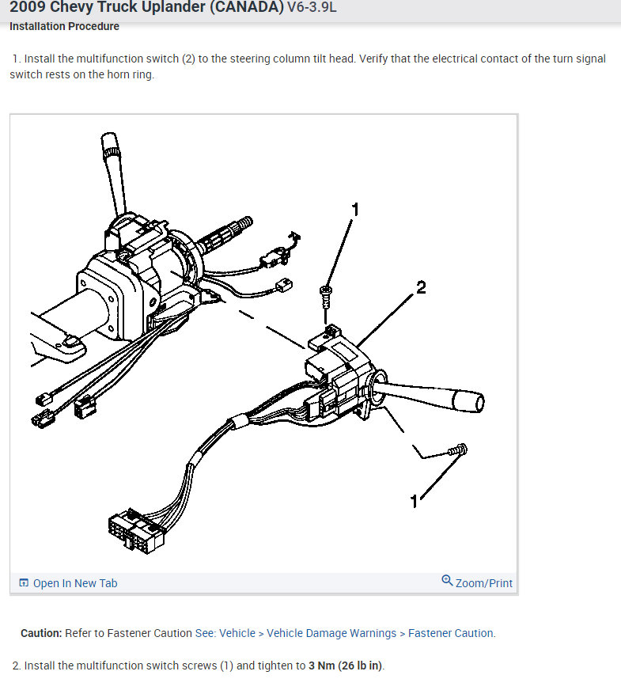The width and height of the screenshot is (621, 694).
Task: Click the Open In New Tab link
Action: [74, 583]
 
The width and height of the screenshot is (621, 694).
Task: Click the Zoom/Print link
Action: [484, 583]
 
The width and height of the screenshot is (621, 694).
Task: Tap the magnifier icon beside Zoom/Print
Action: [447, 581]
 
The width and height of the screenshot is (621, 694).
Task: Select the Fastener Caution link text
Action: [451, 633]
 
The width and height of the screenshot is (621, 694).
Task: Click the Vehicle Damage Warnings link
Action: [331, 633]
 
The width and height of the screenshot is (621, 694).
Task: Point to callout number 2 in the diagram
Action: [421, 288]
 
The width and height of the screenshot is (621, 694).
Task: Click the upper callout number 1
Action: [354, 210]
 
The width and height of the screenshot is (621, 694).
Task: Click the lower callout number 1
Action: [414, 502]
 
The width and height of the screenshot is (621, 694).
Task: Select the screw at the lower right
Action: [457, 450]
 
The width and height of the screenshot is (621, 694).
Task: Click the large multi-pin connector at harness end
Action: [137, 531]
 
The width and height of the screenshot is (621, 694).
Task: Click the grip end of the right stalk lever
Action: [468, 401]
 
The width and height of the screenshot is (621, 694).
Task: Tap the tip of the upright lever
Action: [110, 141]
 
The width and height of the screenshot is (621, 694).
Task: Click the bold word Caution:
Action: [41, 633]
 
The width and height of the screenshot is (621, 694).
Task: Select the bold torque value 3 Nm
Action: [321, 666]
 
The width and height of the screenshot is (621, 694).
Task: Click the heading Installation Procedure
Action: [65, 27]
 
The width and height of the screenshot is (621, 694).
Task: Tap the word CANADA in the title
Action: [247, 7]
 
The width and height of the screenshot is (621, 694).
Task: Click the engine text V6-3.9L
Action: [312, 8]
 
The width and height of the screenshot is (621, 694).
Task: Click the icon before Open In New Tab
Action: [24, 583]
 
